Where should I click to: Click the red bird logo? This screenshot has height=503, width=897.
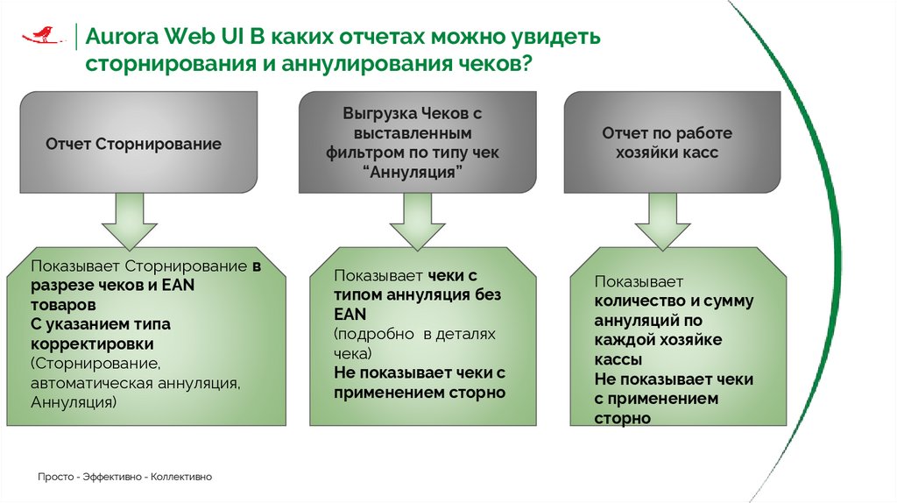(41, 34)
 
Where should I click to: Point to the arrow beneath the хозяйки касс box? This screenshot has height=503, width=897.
(663, 221)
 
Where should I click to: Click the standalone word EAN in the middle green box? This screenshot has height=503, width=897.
(350, 314)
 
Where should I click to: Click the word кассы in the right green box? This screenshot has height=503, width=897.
(618, 360)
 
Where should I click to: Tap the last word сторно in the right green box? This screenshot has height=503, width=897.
(623, 419)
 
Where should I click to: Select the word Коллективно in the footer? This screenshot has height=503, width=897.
(181, 477)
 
